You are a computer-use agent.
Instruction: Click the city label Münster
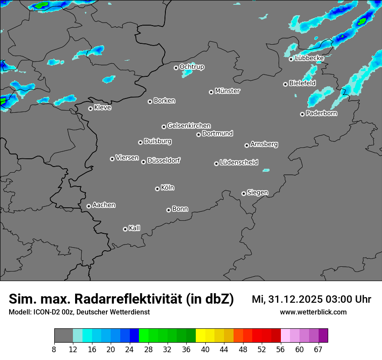[x=227, y=91]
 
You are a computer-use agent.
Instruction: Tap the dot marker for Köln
[x=157, y=189]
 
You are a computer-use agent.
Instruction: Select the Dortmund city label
[x=217, y=134]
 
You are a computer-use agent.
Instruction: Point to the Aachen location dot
[x=89, y=206]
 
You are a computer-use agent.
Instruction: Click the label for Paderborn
[x=322, y=113]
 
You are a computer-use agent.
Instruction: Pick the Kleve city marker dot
[x=90, y=108]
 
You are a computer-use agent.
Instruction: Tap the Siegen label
[x=257, y=193]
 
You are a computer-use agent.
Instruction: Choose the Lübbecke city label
[x=309, y=58]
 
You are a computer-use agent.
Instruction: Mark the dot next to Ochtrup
[x=176, y=68]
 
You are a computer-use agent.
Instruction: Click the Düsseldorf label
[x=164, y=160]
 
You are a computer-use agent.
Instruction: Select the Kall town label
[x=135, y=228]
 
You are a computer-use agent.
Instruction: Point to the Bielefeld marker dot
[x=285, y=84]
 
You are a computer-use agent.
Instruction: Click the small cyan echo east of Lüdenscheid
[x=266, y=170]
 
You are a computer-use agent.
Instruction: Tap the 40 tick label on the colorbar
[x=205, y=350]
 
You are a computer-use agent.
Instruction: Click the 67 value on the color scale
[x=318, y=350]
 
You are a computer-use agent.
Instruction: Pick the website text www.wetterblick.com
[x=313, y=312]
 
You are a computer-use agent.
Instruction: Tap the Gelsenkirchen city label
[x=189, y=126]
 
